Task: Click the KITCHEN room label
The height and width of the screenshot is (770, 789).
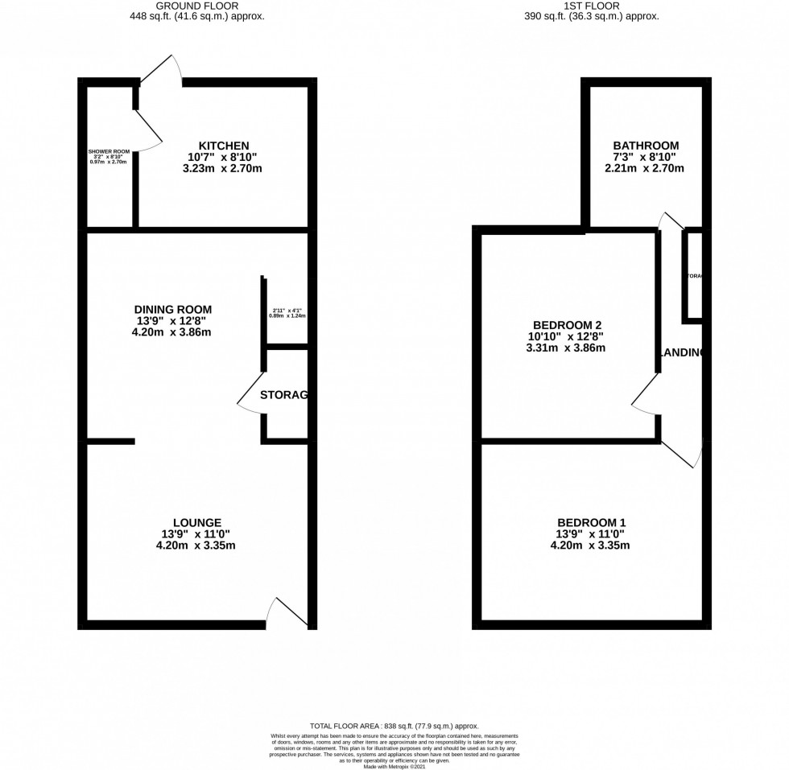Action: pyautogui.click(x=213, y=145)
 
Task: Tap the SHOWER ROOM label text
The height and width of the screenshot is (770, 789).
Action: pyautogui.click(x=109, y=151)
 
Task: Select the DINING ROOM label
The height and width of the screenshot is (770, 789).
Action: pyautogui.click(x=173, y=309)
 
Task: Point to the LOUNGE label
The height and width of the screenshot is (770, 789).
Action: pyautogui.click(x=196, y=522)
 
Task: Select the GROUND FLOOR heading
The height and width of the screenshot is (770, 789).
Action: pyautogui.click(x=196, y=5)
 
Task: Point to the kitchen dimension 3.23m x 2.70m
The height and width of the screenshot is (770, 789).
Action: pyautogui.click(x=213, y=169)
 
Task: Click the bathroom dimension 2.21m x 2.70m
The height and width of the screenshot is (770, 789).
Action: pyautogui.click(x=643, y=169)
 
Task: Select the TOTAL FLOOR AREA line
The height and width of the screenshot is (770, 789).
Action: pyautogui.click(x=394, y=726)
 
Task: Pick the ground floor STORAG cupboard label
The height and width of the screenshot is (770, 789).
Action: pyautogui.click(x=284, y=395)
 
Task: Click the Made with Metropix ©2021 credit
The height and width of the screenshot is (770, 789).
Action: pyautogui.click(x=394, y=766)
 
